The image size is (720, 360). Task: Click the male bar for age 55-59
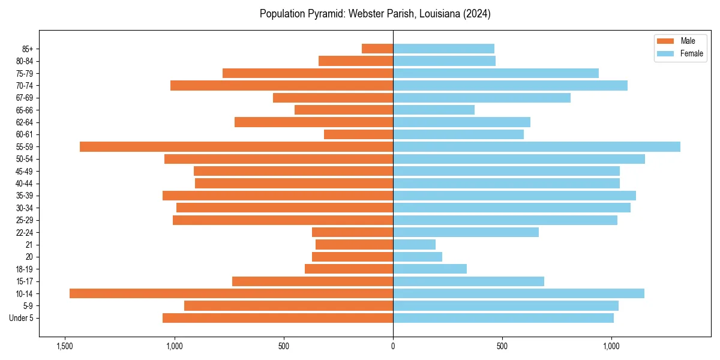pos(236,147)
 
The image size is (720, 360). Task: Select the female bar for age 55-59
pos(536,147)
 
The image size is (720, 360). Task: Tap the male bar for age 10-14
pos(231,293)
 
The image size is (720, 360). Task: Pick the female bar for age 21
pos(414,245)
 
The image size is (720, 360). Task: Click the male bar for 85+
pos(377,49)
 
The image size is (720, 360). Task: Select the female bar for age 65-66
pos(434,110)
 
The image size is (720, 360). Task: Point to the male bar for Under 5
pos(278,318)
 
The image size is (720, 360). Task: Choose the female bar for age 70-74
pos(510,85)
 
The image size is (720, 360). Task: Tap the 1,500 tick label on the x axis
pos(65,346)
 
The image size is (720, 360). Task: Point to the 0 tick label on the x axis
pos(393,346)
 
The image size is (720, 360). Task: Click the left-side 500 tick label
pos(284,346)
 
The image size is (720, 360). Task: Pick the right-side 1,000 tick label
pos(611,346)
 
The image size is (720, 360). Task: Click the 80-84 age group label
pos(25,61)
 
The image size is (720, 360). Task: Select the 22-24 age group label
pos(25,233)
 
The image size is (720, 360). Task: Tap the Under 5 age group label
pos(21,318)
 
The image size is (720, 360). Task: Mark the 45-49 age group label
pos(25,172)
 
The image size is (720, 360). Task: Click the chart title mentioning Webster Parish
pos(375,14)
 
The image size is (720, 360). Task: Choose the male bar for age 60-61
pos(358,134)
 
